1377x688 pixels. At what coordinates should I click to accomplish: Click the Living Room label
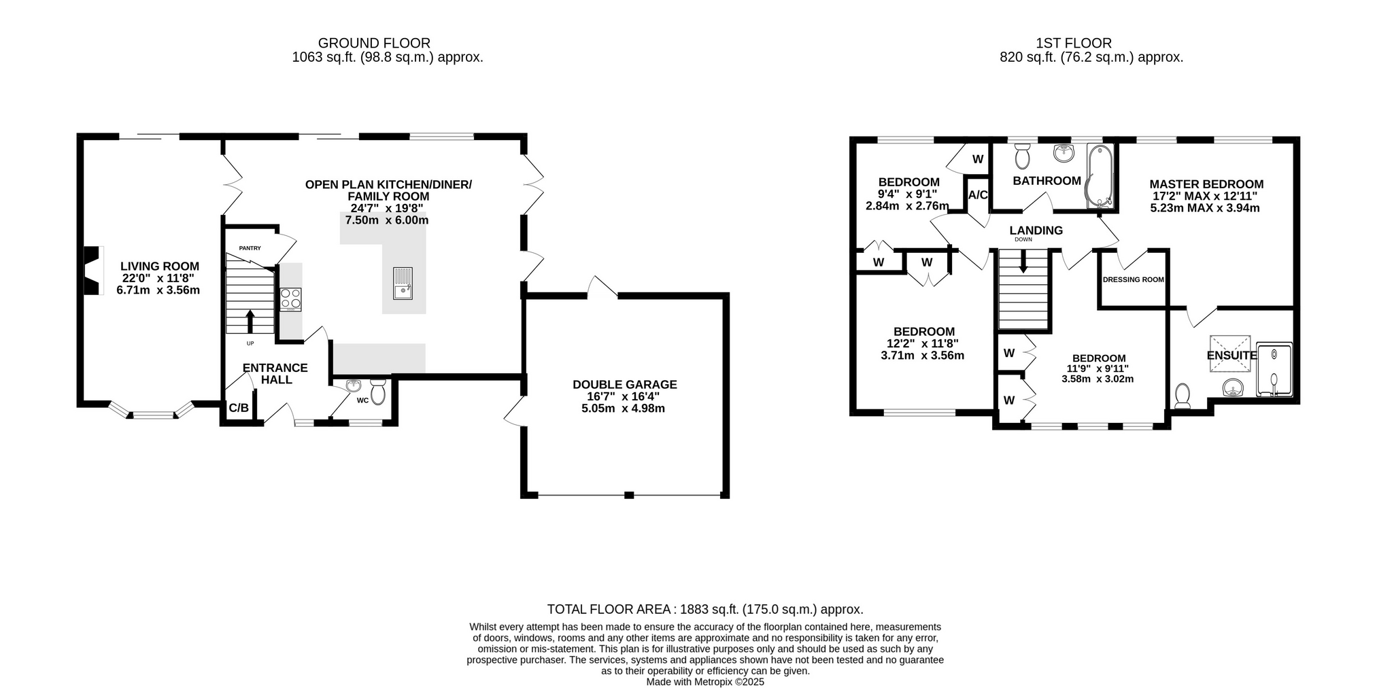pos(160,266)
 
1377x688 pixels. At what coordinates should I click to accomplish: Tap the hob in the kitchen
pos(290,300)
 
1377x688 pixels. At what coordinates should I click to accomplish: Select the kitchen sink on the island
pos(403,283)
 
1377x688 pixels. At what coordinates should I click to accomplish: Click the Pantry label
pos(250,248)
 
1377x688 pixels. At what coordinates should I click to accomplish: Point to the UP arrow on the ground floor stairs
pos(250,322)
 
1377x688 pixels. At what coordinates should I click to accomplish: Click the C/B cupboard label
pos(239,408)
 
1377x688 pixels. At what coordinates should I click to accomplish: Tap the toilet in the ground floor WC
pos(378,392)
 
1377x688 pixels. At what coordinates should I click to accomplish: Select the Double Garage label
pos(625,385)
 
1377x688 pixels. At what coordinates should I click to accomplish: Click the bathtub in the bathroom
pos(1099,176)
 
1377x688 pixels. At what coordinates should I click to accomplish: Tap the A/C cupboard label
pos(978,195)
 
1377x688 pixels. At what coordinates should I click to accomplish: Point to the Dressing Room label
pos(1134,279)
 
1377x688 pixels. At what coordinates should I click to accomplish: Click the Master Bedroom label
pos(1206,184)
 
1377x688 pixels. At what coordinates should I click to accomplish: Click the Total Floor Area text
pos(705,610)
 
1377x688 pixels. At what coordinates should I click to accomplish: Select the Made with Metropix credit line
pos(705,682)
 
